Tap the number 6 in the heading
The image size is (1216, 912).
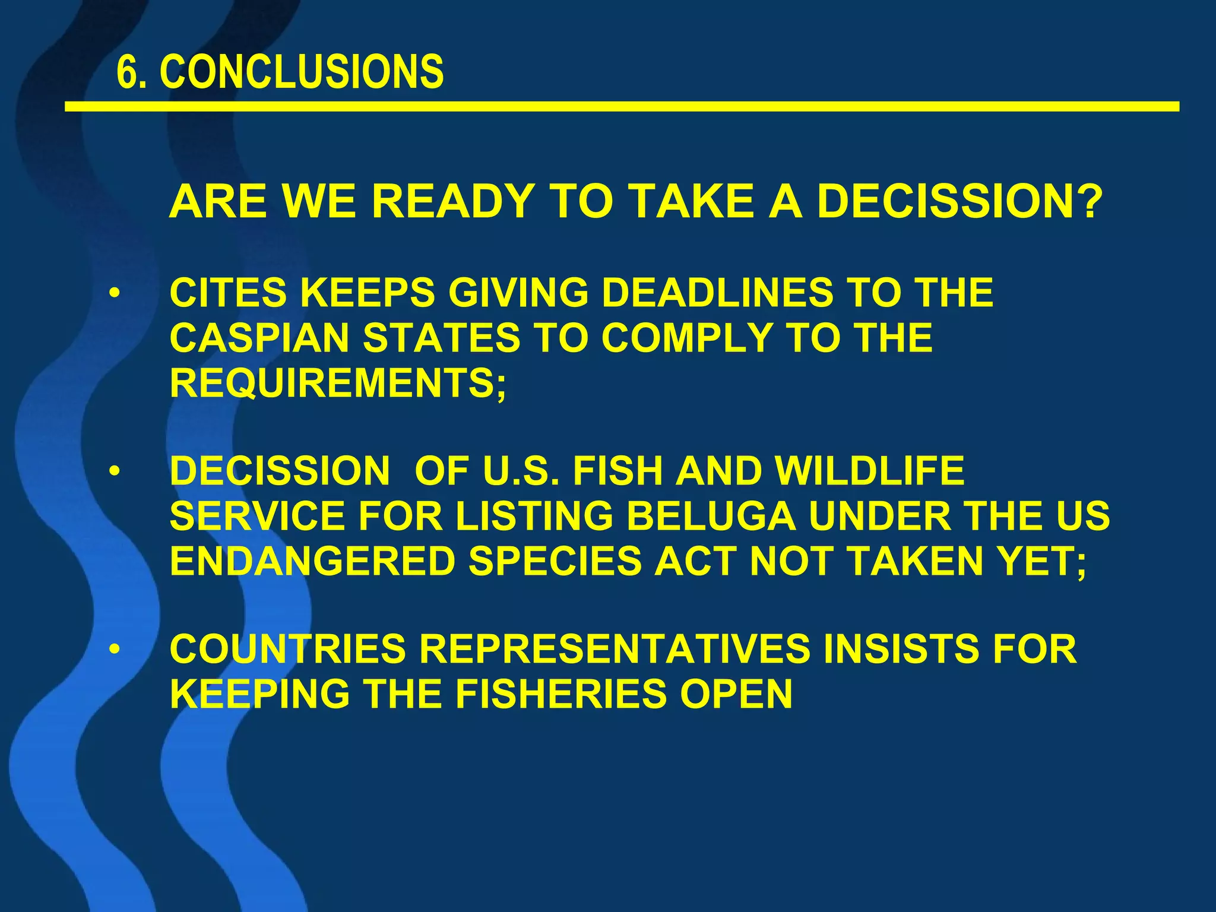[x=125, y=72]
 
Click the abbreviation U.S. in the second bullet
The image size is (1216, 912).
[x=521, y=471]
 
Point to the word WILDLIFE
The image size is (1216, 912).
[x=870, y=471]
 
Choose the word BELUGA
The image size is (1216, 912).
[x=711, y=516]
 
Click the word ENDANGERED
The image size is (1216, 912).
[x=312, y=561]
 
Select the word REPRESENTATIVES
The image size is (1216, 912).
[x=615, y=648]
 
